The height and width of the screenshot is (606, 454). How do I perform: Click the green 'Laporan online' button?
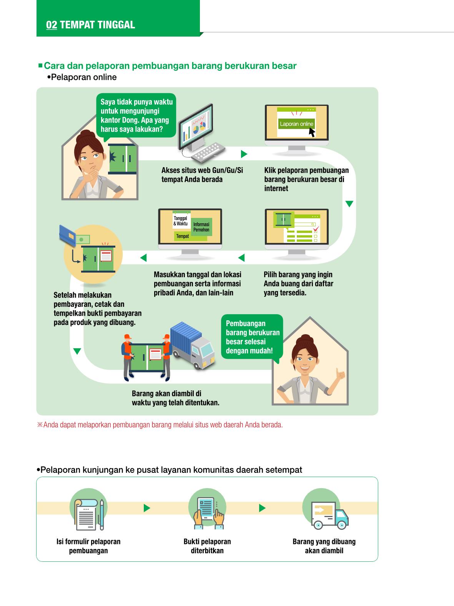point(296,124)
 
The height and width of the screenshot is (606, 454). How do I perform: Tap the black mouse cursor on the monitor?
point(312,132)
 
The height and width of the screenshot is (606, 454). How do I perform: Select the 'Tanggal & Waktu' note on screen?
point(181,221)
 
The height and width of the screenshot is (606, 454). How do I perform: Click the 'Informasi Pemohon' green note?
point(201,227)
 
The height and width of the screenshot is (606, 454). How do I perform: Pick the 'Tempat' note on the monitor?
point(183,236)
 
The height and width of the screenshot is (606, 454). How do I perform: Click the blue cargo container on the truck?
point(186,337)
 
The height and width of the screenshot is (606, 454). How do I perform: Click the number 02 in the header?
point(52,25)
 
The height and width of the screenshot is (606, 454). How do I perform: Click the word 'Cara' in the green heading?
point(54,66)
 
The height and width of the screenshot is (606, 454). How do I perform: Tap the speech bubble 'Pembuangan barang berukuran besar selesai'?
point(252,337)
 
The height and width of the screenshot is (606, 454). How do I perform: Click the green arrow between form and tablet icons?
point(147,508)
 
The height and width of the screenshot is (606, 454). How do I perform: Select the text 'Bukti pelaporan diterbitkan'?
point(207,546)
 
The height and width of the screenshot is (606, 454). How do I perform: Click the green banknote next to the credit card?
point(82,239)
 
